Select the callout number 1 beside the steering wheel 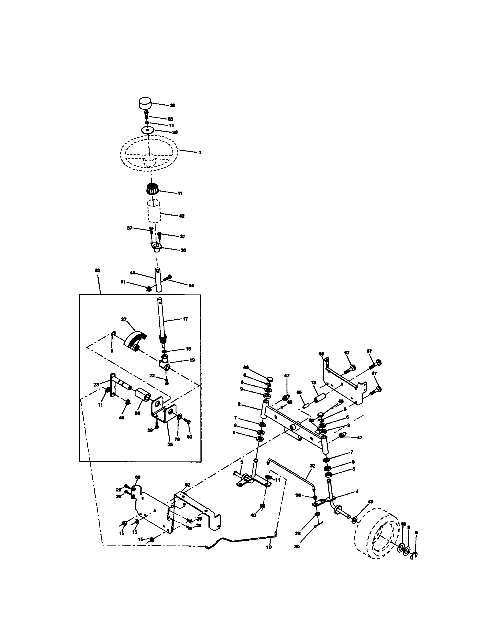click(200, 153)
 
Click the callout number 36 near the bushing click(183, 250)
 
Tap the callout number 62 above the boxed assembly click(97, 270)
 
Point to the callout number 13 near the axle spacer click(313, 383)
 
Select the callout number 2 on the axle click(239, 404)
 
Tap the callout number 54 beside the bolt click(191, 286)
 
